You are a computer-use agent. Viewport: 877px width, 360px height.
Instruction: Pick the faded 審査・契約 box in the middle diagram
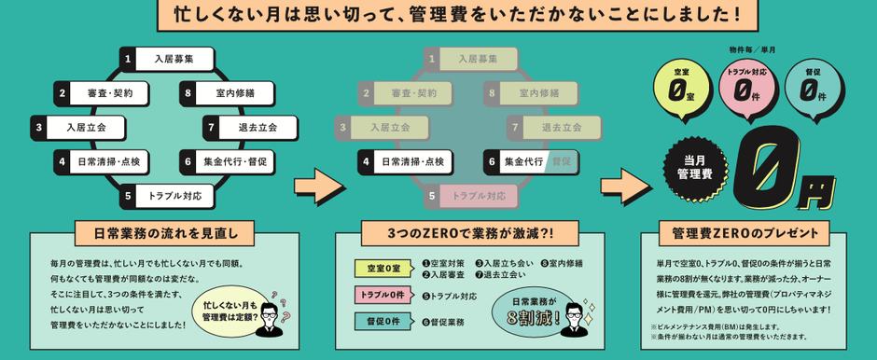(402, 93)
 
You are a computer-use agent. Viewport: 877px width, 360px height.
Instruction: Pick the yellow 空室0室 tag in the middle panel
(383, 269)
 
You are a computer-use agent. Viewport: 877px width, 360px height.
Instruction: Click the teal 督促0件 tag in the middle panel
(383, 321)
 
